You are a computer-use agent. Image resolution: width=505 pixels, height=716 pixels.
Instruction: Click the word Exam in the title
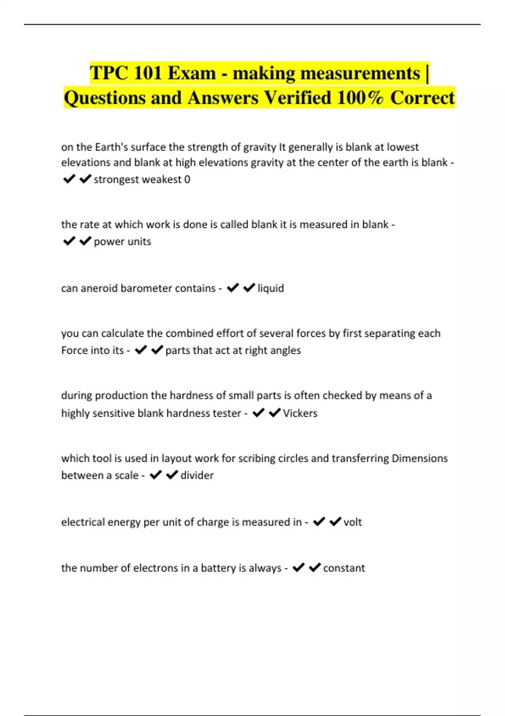[191, 73]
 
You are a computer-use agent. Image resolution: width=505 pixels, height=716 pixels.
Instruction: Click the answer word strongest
[114, 179]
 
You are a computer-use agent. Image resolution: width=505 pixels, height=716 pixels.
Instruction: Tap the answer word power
[109, 242]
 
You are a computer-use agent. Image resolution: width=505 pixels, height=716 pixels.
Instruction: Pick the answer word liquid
[271, 288]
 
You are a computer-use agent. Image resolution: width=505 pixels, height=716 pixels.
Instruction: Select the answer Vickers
[300, 413]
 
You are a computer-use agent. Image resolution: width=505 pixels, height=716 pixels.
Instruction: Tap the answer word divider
[197, 475]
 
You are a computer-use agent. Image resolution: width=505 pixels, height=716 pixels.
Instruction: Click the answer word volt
[353, 522]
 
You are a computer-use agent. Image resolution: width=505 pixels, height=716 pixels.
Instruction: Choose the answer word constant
[344, 568]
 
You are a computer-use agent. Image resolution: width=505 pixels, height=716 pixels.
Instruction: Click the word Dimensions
[420, 458]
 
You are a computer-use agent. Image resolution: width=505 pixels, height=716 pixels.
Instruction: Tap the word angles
[287, 350]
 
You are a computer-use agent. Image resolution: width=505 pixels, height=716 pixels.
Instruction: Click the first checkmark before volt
[319, 522]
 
